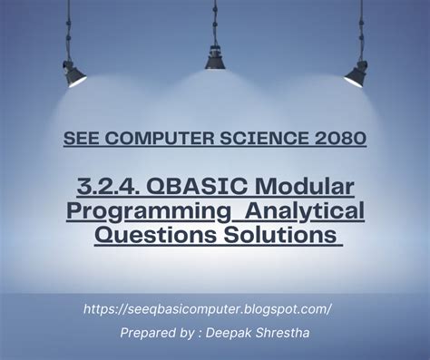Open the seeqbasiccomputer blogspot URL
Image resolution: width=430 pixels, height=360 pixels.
[x=207, y=308]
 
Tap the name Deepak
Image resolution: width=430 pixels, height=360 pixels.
[x=250, y=334]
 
